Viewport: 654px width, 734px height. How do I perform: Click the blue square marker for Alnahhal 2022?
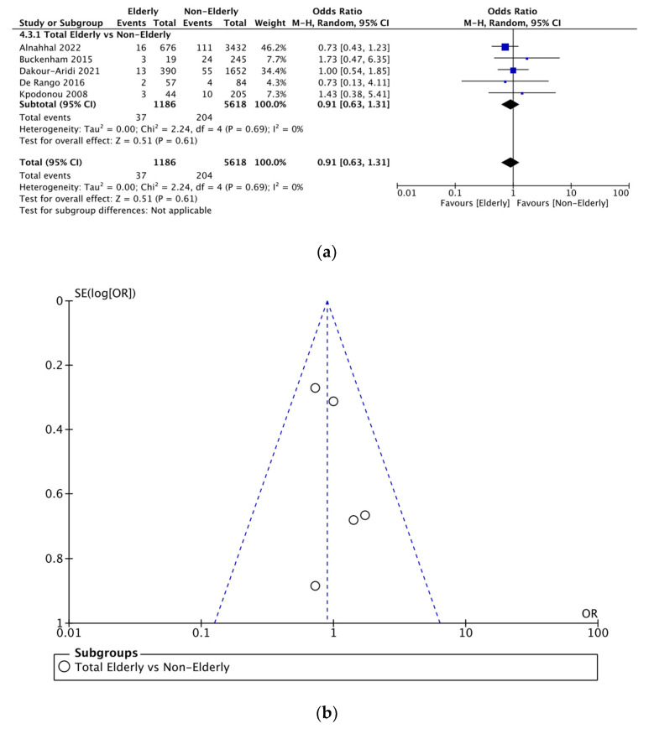(x=505, y=47)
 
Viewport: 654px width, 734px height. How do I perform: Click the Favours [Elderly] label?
(x=472, y=204)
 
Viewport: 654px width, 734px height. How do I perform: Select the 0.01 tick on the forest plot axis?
(x=407, y=193)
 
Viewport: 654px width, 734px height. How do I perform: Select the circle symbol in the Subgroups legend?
(x=65, y=668)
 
